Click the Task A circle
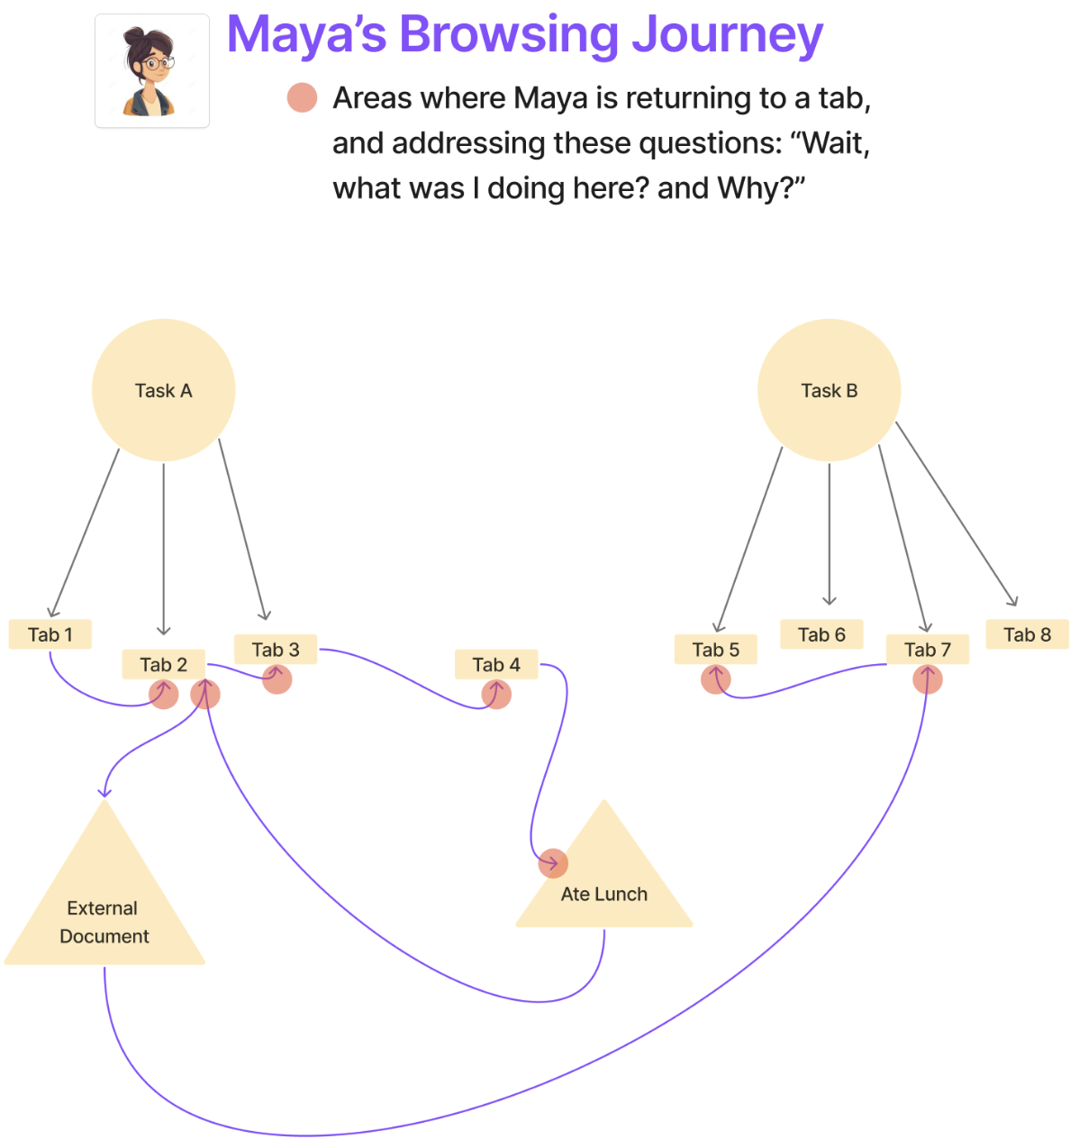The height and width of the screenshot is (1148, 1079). pyautogui.click(x=163, y=390)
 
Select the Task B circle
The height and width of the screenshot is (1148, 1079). pyautogui.click(x=829, y=390)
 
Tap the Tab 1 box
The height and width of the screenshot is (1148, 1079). pyautogui.click(x=50, y=634)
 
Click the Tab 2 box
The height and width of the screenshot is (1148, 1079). pyautogui.click(x=164, y=665)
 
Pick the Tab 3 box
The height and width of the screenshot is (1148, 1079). pyautogui.click(x=276, y=650)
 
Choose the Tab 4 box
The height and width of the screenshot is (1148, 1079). pyautogui.click(x=496, y=665)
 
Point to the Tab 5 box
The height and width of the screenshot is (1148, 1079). pyautogui.click(x=716, y=650)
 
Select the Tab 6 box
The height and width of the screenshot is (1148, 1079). pyautogui.click(x=821, y=634)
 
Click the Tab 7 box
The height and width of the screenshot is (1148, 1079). pyautogui.click(x=928, y=650)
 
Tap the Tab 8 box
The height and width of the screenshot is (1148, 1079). pyautogui.click(x=1028, y=634)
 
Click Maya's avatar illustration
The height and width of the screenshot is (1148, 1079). pyautogui.click(x=152, y=71)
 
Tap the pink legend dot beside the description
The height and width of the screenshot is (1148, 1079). pyautogui.click(x=303, y=97)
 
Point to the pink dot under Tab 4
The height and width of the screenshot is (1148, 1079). pyautogui.click(x=496, y=694)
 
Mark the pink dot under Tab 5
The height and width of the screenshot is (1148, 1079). pyautogui.click(x=716, y=679)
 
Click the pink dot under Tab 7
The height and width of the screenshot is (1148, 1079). pyautogui.click(x=928, y=679)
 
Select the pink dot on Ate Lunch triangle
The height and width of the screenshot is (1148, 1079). pyautogui.click(x=553, y=863)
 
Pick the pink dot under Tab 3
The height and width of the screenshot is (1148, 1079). pyautogui.click(x=277, y=679)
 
